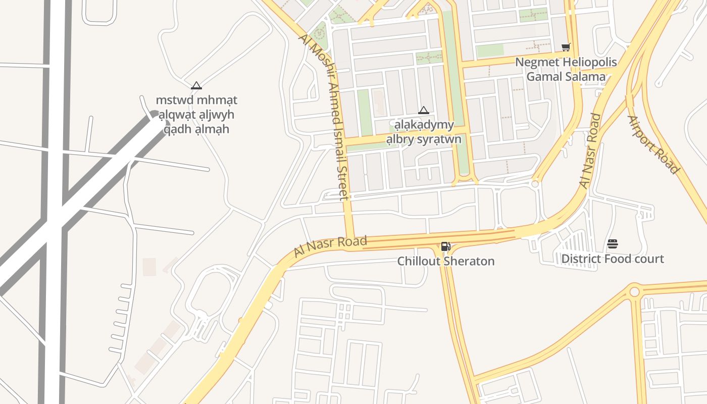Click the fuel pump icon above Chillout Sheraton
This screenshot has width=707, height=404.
click(x=445, y=246)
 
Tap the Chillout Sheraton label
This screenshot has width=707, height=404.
click(x=446, y=261)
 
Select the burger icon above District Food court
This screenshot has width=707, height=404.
click(x=613, y=244)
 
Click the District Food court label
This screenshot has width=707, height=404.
click(x=613, y=259)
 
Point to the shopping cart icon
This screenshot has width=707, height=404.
click(x=566, y=47)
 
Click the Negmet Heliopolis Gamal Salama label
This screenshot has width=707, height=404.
click(x=566, y=70)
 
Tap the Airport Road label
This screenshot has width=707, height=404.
click(x=653, y=144)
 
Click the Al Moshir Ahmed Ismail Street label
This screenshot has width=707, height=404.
click(x=325, y=117)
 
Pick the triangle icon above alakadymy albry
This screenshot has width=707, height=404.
click(x=424, y=110)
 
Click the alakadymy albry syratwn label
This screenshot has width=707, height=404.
click(x=424, y=132)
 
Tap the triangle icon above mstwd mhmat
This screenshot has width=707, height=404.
click(x=196, y=85)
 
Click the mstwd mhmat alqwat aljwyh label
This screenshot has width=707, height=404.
click(x=196, y=115)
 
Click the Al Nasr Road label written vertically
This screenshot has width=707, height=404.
click(x=590, y=151)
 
